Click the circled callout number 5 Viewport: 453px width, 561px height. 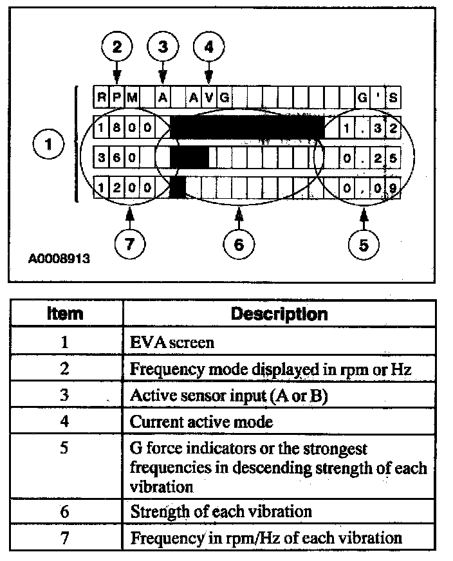(364, 244)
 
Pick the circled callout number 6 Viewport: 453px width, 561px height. (239, 244)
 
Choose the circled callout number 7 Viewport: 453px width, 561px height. (131, 244)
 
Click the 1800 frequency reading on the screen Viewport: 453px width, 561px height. (125, 127)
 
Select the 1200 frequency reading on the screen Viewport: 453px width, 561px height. (125, 188)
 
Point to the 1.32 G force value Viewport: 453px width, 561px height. (370, 127)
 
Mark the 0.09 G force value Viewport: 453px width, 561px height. (370, 188)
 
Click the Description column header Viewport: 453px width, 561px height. (279, 314)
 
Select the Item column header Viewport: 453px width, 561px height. (65, 314)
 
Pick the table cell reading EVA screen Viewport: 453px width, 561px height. (172, 342)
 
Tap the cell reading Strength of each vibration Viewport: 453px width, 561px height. (221, 512)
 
